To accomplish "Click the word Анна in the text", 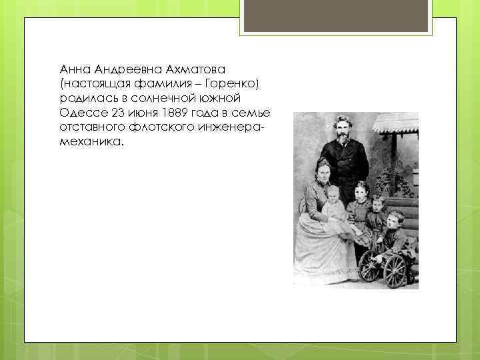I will [x=73, y=70].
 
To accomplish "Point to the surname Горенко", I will [x=233, y=84].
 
